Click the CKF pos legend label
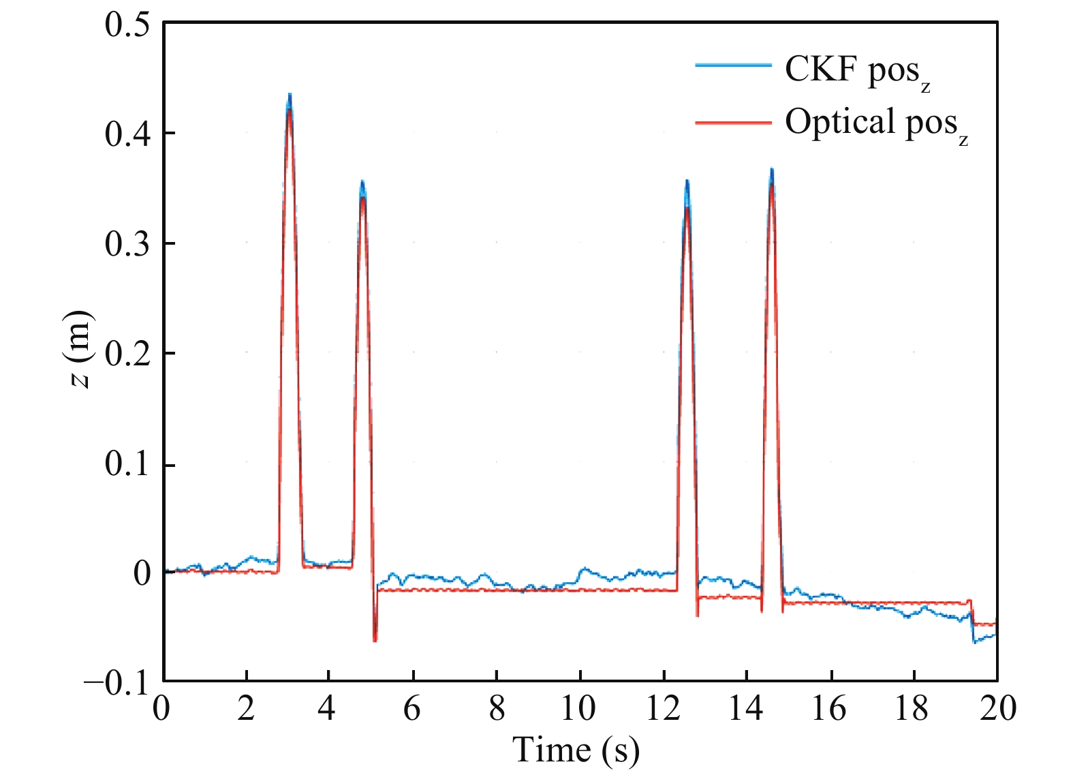pyautogui.click(x=857, y=71)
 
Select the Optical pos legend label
pyautogui.click(x=875, y=124)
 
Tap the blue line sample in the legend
pyautogui.click(x=733, y=65)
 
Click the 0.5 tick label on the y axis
pyautogui.click(x=127, y=25)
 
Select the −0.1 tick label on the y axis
pyautogui.click(x=116, y=682)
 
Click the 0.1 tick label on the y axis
pyautogui.click(x=127, y=465)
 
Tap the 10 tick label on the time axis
pyautogui.click(x=578, y=709)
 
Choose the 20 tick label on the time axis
pyautogui.click(x=997, y=709)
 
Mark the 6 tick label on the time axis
pyautogui.click(x=412, y=709)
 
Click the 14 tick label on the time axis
pyautogui.click(x=746, y=709)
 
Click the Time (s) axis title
pyautogui.click(x=576, y=750)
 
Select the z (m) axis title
pyautogui.click(x=80, y=349)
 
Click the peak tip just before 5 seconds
pyautogui.click(x=362, y=183)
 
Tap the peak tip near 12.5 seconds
pyautogui.click(x=687, y=183)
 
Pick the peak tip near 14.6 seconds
pyautogui.click(x=771, y=170)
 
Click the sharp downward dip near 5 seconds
pyautogui.click(x=375, y=639)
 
